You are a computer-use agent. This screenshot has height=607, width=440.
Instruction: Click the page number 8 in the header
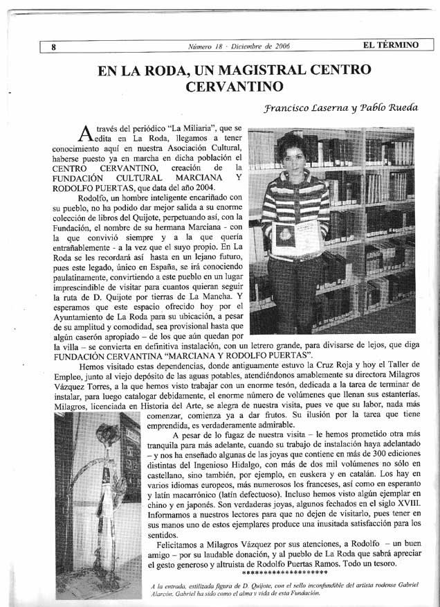[53, 47]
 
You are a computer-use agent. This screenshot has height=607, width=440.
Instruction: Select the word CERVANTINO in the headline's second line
[235, 87]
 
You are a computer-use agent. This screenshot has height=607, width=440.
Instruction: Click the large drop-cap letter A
[85, 132]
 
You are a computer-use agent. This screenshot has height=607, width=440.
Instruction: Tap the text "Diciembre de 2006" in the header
[260, 46]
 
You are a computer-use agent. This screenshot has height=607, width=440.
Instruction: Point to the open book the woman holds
[292, 237]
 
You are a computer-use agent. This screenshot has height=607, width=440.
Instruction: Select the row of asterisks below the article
[286, 573]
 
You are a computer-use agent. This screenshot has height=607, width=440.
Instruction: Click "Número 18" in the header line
[207, 46]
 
